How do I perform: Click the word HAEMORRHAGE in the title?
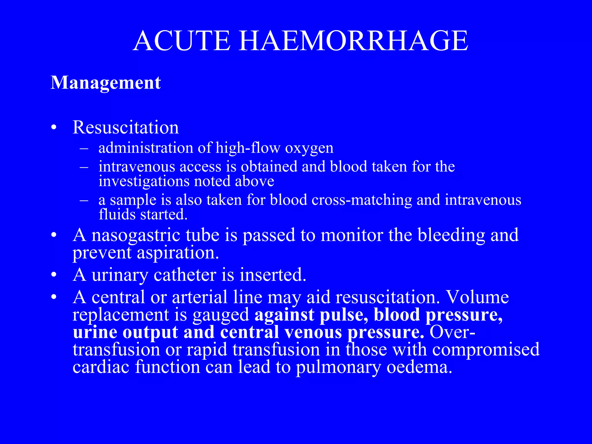pyautogui.click(x=353, y=41)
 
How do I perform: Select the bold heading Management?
pyautogui.click(x=106, y=83)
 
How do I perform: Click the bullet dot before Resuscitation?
pyautogui.click(x=53, y=128)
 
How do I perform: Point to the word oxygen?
pyautogui.click(x=309, y=148)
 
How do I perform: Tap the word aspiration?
pyautogui.click(x=177, y=253)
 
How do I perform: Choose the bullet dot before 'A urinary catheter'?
pyautogui.click(x=53, y=275)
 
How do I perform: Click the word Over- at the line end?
pyautogui.click(x=452, y=332)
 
